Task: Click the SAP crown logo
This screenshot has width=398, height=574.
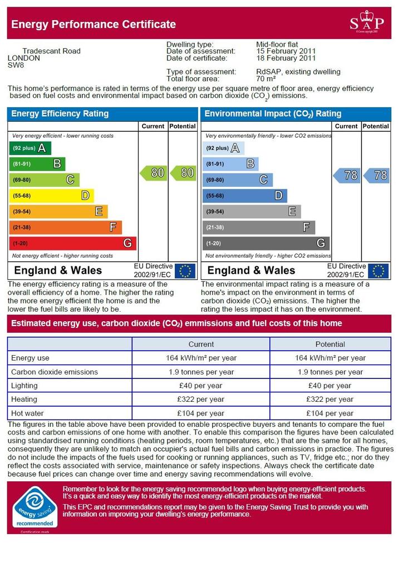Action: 367,22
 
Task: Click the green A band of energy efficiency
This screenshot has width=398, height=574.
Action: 30,148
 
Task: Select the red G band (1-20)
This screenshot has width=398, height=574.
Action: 72,243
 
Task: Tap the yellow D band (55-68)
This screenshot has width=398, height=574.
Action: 51,196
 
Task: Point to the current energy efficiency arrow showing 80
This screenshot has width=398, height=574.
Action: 154,173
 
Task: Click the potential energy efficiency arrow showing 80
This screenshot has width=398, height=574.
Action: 183,173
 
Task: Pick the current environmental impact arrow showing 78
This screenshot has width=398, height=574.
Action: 347,176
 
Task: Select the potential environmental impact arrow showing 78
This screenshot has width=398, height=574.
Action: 376,176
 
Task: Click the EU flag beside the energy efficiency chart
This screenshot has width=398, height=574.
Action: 185,271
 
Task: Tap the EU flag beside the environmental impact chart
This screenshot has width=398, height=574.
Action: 378,271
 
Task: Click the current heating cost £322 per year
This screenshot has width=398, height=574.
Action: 200,400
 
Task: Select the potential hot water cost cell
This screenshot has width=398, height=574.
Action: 330,413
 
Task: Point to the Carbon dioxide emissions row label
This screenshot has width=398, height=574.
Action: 55,372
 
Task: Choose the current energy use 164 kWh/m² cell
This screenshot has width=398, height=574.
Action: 201,358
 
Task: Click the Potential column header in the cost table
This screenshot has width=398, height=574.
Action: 330,344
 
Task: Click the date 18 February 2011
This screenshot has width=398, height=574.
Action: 286,58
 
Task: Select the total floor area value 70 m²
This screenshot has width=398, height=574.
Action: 266,79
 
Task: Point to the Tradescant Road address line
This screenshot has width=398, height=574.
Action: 51,51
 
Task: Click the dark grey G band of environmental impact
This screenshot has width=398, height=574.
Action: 266,243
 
